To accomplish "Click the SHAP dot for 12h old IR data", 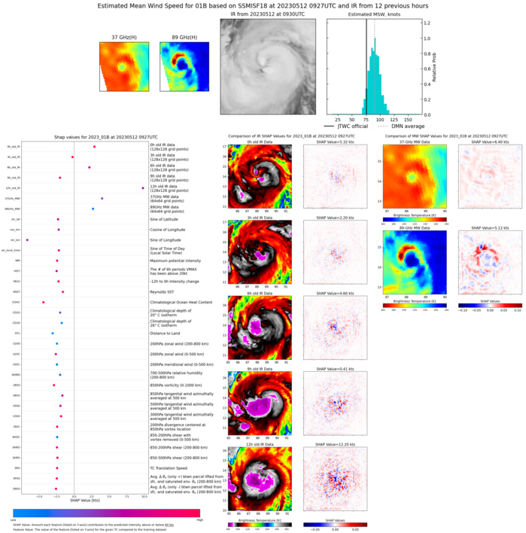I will [x=143, y=188].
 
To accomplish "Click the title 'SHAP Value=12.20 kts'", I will [x=331, y=443].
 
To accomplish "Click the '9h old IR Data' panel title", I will [x=257, y=369].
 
